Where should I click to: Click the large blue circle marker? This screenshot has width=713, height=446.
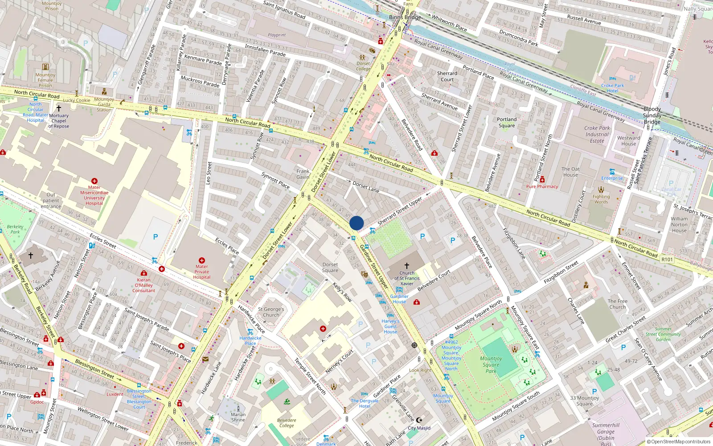coord(356,223)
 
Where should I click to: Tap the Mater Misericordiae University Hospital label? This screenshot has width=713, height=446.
coord(94,195)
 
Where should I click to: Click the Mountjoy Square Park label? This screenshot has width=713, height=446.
coord(491,364)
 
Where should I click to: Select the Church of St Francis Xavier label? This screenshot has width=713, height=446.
coord(406,278)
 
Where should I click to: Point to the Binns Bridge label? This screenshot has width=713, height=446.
coord(405,17)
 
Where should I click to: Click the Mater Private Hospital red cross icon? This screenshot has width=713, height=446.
coord(201,260)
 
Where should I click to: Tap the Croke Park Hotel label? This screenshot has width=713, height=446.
coord(612,88)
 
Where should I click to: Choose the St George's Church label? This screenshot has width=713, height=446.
coord(271,312)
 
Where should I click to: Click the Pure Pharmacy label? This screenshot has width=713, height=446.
coord(542,186)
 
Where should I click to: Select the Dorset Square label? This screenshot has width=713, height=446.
coord(330,267)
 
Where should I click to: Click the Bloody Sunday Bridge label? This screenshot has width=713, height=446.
coord(652,115)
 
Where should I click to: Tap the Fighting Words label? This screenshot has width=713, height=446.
coord(601,199)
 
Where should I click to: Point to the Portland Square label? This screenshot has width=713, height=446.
coord(507,122)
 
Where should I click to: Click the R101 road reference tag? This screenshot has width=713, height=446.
coord(667,259)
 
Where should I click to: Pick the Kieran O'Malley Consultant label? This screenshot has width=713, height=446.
coord(143,285)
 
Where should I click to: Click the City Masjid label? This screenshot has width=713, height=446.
coord(419,428)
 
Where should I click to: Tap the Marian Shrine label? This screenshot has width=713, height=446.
coord(238,417)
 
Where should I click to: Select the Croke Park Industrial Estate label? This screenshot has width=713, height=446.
coord(597,134)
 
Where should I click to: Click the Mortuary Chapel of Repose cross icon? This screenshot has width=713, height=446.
coord(58,108)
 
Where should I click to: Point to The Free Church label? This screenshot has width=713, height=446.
coord(617,304)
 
